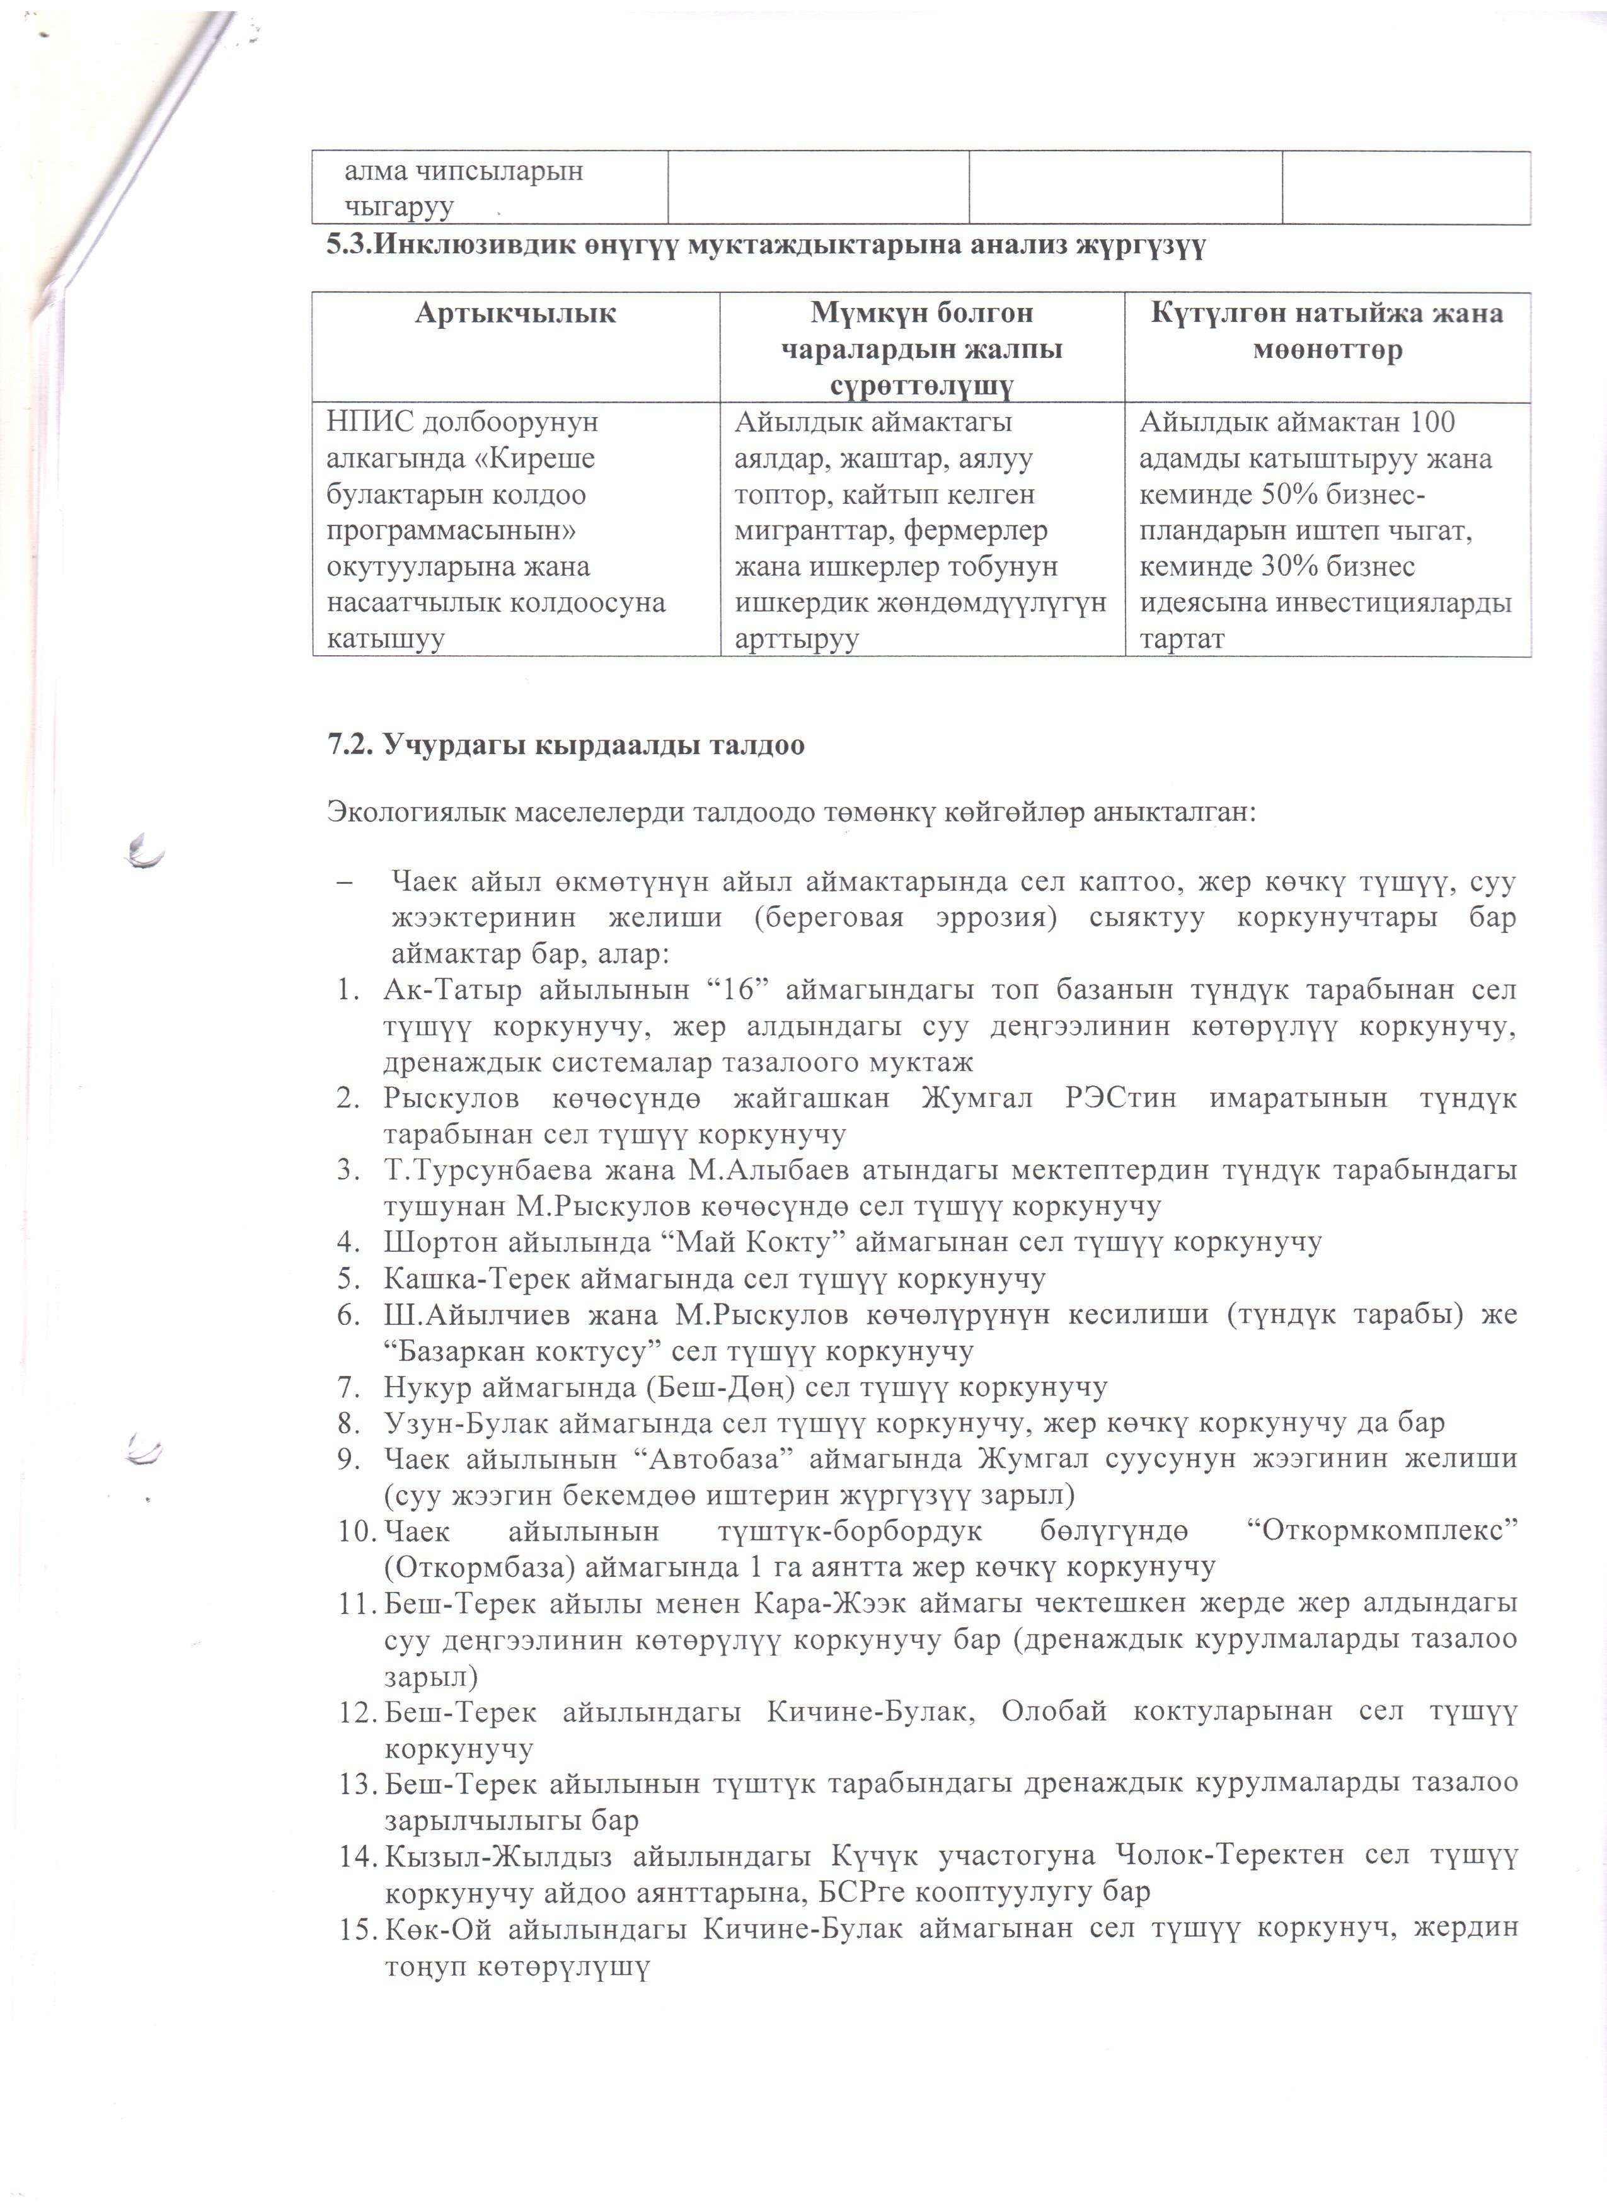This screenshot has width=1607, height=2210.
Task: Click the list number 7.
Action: [348, 1387]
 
